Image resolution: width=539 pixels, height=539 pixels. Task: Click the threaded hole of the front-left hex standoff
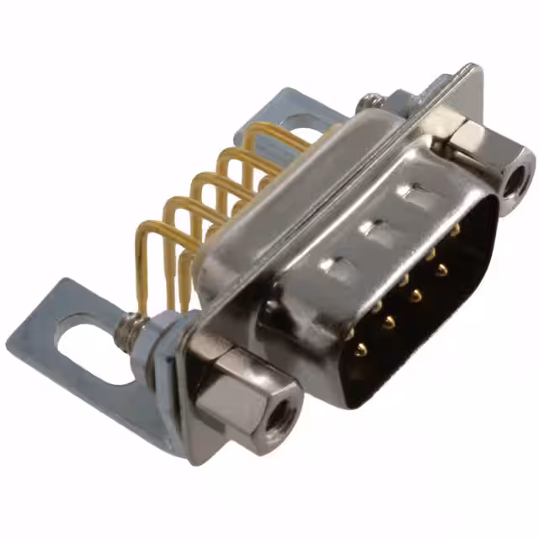[275, 414]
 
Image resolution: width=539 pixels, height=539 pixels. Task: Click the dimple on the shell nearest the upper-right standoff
[415, 195]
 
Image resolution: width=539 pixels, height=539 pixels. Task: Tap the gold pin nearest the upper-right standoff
[456, 228]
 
